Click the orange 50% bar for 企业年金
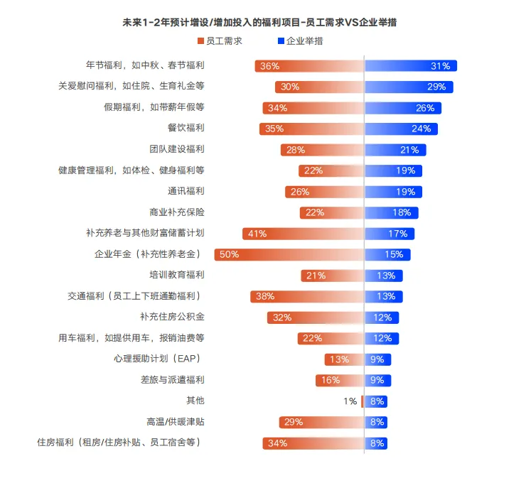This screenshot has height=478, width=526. pos(289,254)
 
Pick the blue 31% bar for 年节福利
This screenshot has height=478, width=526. pos(411,66)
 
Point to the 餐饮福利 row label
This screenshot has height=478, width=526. pos(186,129)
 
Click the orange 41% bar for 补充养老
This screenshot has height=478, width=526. pos(303,233)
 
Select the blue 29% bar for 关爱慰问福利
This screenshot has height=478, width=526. pos(409,87)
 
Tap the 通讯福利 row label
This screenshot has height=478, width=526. pos(186,191)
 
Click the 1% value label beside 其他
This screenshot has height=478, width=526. pos(350,401)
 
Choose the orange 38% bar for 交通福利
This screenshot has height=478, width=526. pos(306,296)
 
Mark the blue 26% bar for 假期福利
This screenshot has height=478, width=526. pos(403,108)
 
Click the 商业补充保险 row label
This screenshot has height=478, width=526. pos(176,212)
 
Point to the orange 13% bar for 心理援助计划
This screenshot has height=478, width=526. pos(344,359)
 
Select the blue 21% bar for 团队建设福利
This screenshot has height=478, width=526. pos(395,150)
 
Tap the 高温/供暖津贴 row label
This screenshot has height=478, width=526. pos(176,422)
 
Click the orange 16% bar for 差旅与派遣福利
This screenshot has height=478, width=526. pos(340,380)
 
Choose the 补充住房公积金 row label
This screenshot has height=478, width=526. pos(172,317)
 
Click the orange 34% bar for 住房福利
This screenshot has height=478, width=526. pos(313,443)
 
